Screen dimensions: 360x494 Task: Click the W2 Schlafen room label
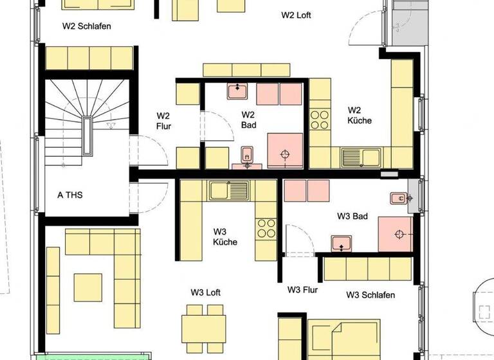pyautogui.click(x=86, y=26)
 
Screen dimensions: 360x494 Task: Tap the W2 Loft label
pyautogui.click(x=296, y=15)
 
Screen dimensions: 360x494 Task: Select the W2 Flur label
pyautogui.click(x=163, y=121)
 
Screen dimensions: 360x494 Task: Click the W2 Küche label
pyautogui.click(x=360, y=114)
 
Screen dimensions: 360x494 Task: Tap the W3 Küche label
pyautogui.click(x=225, y=237)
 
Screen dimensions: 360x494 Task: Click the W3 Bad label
pyautogui.click(x=352, y=217)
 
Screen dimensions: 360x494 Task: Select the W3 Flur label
pyautogui.click(x=302, y=290)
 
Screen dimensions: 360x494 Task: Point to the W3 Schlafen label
pyautogui.click(x=370, y=295)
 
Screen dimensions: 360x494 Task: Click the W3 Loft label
pyautogui.click(x=206, y=292)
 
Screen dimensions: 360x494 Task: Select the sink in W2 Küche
pyautogui.click(x=361, y=156)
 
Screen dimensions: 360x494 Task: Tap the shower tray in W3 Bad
pyautogui.click(x=394, y=233)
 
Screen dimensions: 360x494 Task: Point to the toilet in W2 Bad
pyautogui.click(x=247, y=156)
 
